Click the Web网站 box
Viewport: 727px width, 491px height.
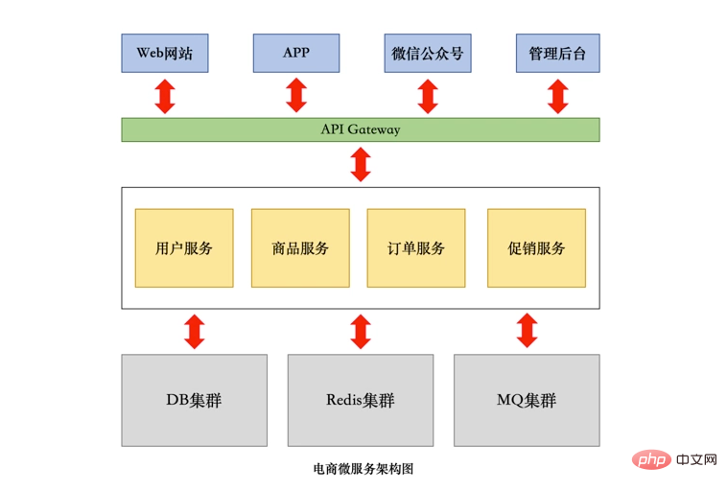(164, 54)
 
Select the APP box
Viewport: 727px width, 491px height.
(296, 54)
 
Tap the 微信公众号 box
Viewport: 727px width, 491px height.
(428, 54)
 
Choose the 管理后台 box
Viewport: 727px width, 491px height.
(557, 54)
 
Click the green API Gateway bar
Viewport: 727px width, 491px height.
(360, 129)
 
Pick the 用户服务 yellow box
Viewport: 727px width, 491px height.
(184, 248)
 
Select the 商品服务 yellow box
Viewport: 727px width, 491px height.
(300, 248)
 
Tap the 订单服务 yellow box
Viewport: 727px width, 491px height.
(416, 248)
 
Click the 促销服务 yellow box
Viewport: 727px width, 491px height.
(536, 248)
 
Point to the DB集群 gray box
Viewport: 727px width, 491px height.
(194, 400)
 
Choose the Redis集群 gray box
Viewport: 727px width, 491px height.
(361, 400)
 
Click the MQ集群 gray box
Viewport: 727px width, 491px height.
(527, 400)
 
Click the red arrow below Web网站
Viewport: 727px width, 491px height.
(165, 96)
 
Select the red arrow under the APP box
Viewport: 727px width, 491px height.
(296, 96)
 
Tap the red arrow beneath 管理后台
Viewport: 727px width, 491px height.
(557, 96)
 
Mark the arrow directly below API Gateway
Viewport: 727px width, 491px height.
(361, 164)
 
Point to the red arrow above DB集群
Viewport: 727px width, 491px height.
(194, 331)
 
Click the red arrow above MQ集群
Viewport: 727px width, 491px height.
(527, 331)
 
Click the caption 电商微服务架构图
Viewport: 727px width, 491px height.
(362, 470)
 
